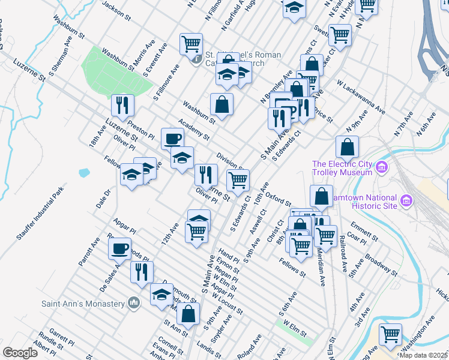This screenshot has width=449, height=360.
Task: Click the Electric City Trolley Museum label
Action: pyautogui.click(x=342, y=169)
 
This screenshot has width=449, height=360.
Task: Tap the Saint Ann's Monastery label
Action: pyautogui.click(x=82, y=303)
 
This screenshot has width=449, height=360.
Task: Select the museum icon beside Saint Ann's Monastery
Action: pyautogui.click(x=134, y=303)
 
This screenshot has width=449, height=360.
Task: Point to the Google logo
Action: pyautogui.click(x=20, y=353)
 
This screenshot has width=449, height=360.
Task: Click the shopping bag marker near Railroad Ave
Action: pyautogui.click(x=322, y=196)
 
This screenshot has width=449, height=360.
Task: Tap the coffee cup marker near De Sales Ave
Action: pyautogui.click(x=119, y=248)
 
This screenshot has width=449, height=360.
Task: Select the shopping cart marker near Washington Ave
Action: pyautogui.click(x=391, y=334)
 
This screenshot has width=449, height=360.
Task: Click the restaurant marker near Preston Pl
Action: pyautogui.click(x=122, y=105)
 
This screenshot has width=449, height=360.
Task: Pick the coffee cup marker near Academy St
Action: pyautogui.click(x=172, y=139)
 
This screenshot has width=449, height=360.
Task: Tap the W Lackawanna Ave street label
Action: pyautogui.click(x=361, y=98)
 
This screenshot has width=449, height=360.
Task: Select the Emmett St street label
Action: pyautogui.click(x=363, y=229)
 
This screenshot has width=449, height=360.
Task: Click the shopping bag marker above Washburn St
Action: pyautogui.click(x=221, y=103)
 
